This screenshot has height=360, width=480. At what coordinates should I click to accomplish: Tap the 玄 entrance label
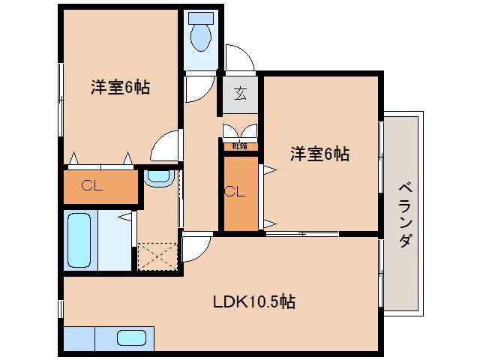click(240, 94)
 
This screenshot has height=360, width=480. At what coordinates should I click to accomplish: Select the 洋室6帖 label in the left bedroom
click(121, 87)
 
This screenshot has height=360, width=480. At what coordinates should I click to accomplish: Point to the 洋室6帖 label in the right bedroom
click(320, 154)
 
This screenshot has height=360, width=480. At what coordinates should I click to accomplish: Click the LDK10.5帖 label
click(253, 302)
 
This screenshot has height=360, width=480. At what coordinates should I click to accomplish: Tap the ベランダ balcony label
click(405, 214)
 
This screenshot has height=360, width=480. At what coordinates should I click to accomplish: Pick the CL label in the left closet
click(92, 186)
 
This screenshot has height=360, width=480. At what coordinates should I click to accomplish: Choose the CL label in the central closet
click(234, 192)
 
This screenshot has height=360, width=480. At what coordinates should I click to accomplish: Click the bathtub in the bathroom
click(79, 241)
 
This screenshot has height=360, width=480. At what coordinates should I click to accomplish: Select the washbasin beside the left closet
click(159, 178)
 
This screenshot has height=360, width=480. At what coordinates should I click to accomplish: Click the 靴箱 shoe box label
click(240, 145)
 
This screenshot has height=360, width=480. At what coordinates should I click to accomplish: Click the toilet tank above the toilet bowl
click(200, 16)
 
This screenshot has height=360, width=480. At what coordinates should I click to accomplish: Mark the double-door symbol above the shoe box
click(240, 130)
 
